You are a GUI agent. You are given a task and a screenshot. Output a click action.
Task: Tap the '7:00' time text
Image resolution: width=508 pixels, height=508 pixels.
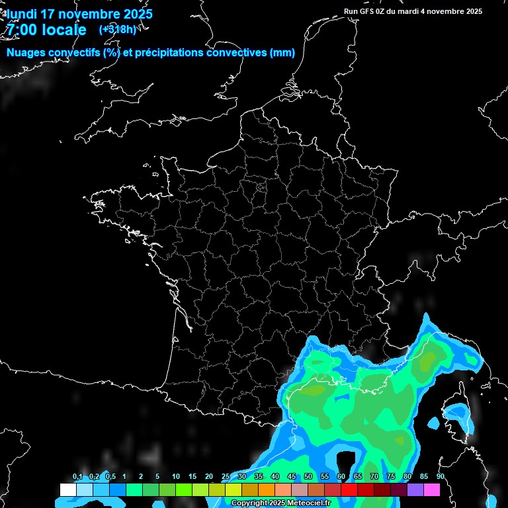pyautogui.click(x=22, y=30)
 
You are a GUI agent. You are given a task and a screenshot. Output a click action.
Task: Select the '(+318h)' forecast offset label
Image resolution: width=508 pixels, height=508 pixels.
pyautogui.click(x=117, y=29)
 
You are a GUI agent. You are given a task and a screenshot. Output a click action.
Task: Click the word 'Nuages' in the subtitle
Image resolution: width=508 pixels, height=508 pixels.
pyautogui.click(x=26, y=53)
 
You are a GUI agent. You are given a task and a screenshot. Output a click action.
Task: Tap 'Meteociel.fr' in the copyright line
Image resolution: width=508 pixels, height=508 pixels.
pyautogui.click(x=309, y=503)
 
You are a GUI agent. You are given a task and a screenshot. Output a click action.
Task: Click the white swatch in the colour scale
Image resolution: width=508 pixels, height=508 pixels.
pyautogui.click(x=67, y=489)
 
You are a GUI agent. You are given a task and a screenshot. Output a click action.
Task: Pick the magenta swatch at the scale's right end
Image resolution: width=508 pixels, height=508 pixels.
pyautogui.click(x=432, y=489)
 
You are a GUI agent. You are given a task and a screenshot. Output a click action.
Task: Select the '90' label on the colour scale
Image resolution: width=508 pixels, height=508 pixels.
pyautogui.click(x=440, y=477)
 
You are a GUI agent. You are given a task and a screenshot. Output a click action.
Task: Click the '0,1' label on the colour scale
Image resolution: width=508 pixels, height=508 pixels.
pyautogui.click(x=77, y=477)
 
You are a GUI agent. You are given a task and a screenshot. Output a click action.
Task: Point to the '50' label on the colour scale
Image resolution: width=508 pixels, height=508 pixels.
pyautogui.click(x=308, y=477)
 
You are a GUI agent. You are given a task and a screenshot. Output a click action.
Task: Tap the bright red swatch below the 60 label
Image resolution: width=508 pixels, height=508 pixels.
pyautogui.click(x=349, y=489)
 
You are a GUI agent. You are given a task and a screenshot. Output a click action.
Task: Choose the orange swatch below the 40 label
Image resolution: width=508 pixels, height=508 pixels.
pyautogui.click(x=266, y=489)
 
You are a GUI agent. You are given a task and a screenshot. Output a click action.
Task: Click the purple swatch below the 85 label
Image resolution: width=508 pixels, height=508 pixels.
pyautogui.click(x=415, y=489)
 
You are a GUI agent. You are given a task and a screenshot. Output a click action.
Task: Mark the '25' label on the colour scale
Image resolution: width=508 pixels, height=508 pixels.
pyautogui.click(x=226, y=477)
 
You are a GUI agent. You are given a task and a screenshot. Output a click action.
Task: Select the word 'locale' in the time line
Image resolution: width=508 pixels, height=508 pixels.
pyautogui.click(x=63, y=30)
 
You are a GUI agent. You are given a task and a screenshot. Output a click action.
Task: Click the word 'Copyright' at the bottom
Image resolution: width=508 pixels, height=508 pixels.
pyautogui.click(x=249, y=503)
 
